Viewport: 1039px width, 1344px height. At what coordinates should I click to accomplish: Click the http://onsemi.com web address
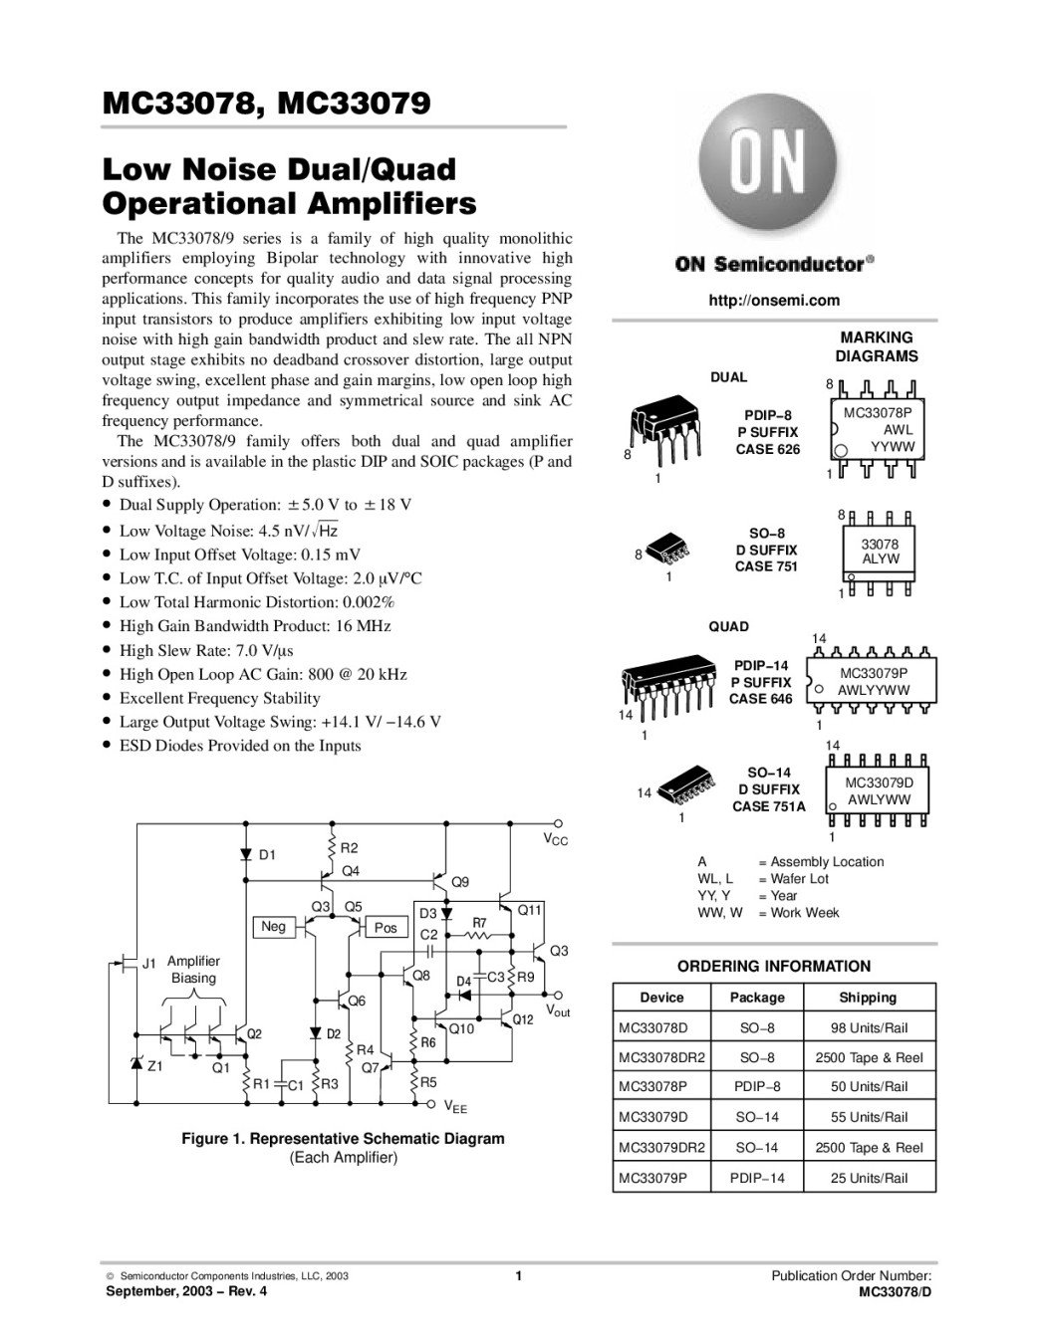[774, 301]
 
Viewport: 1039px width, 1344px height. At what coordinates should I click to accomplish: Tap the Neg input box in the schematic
[274, 926]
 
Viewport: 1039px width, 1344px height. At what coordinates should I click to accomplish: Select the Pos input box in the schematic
[386, 927]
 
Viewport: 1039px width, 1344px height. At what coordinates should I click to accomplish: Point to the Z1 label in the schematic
[154, 1066]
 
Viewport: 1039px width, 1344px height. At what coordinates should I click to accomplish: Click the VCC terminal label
[555, 839]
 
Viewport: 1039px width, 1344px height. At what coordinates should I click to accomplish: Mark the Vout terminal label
[558, 1011]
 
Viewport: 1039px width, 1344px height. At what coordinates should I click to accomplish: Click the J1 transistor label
[149, 964]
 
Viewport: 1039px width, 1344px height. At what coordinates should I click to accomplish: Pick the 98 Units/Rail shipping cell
[869, 1028]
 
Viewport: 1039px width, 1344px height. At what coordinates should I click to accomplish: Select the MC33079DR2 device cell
[661, 1147]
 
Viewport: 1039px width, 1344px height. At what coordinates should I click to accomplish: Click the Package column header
[757, 997]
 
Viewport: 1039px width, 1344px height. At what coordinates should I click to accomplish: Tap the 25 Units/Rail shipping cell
[869, 1178]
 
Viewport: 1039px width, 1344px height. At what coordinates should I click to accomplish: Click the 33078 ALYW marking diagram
[878, 553]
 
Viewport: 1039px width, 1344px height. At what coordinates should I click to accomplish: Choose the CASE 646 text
[760, 699]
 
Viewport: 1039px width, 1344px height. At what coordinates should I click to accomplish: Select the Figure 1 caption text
[343, 1148]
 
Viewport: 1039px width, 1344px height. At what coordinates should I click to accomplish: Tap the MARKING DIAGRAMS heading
[877, 347]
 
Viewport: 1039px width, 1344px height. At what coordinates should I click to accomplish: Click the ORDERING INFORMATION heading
[774, 966]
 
